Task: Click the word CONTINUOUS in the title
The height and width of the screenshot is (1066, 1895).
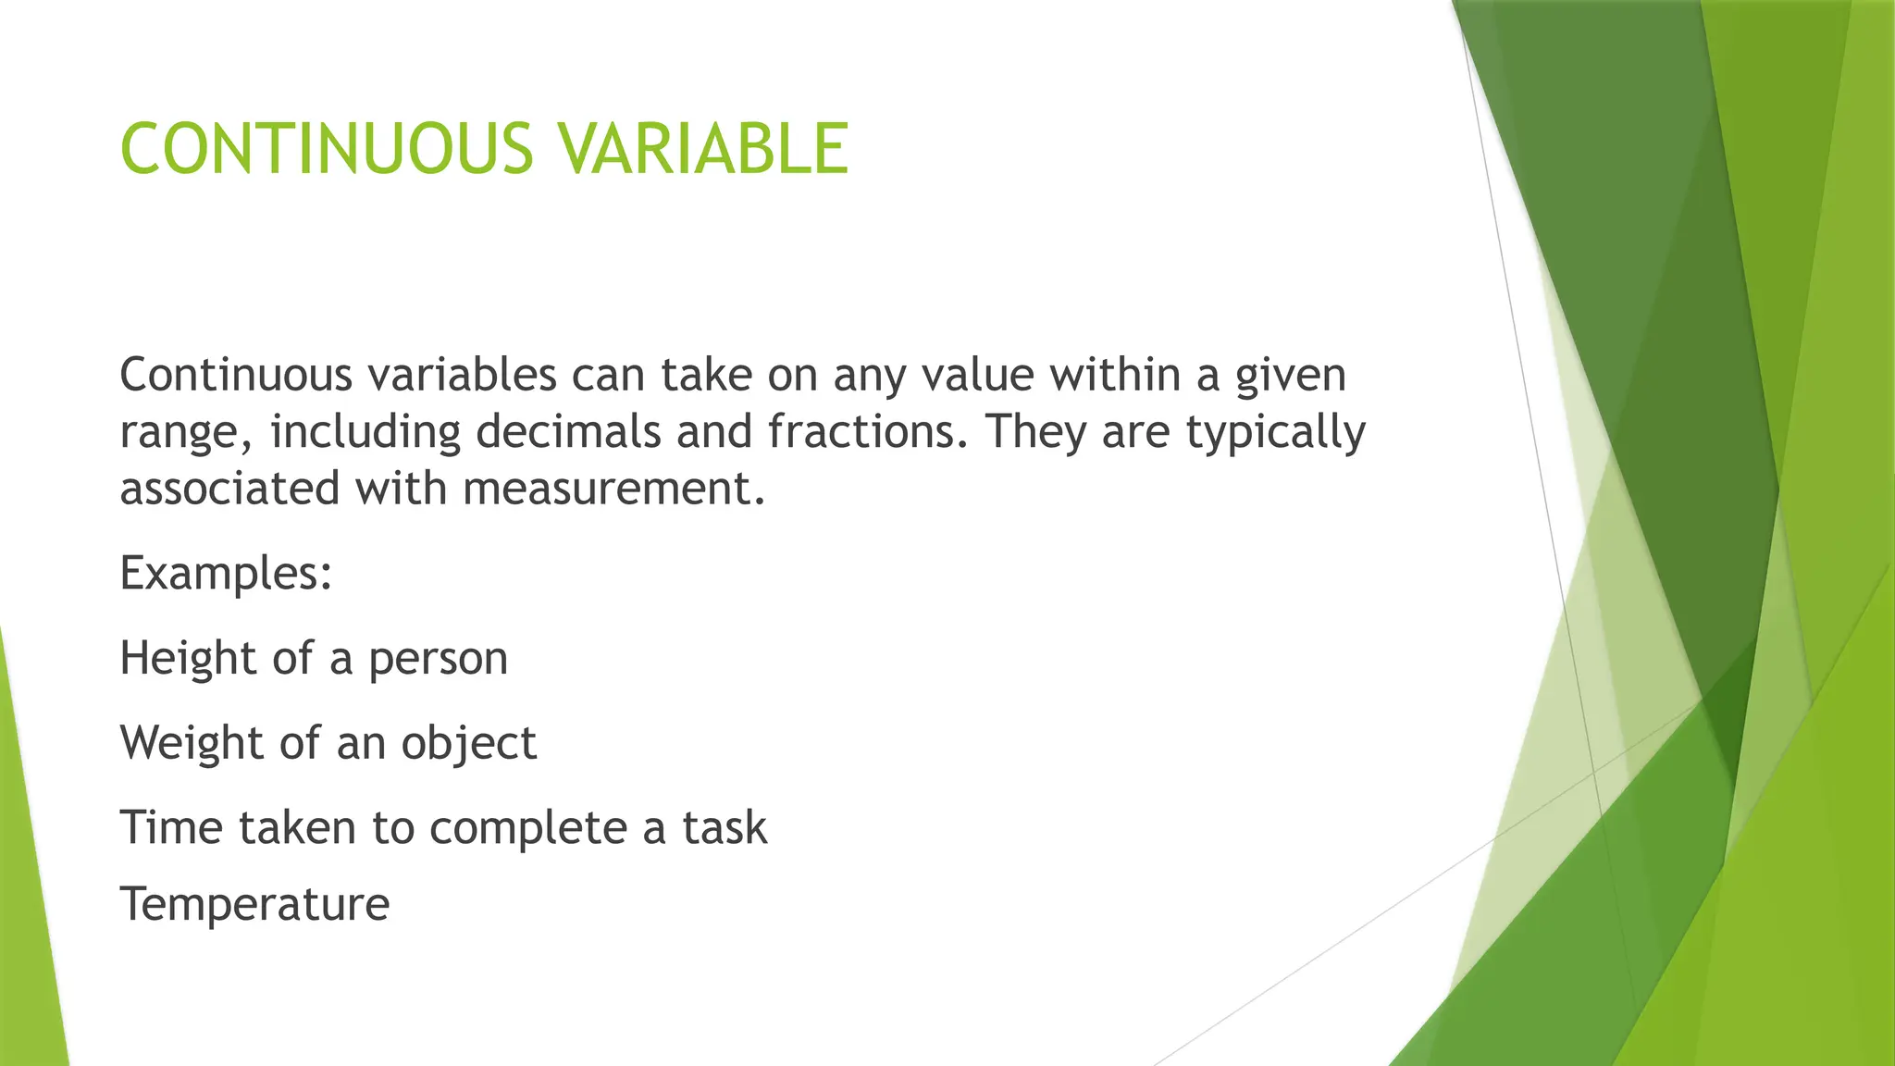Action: click(327, 149)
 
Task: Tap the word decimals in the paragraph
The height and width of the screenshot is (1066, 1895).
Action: click(568, 432)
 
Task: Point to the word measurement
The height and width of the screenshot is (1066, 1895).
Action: click(613, 489)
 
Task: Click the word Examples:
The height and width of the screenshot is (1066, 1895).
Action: click(226, 573)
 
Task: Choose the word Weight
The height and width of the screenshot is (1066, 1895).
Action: click(192, 743)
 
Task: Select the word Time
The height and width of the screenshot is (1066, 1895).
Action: click(172, 827)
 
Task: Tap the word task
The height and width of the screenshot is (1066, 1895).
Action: click(725, 827)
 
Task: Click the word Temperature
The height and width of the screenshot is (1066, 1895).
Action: click(254, 905)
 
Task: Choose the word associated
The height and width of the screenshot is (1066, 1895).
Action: click(229, 489)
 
